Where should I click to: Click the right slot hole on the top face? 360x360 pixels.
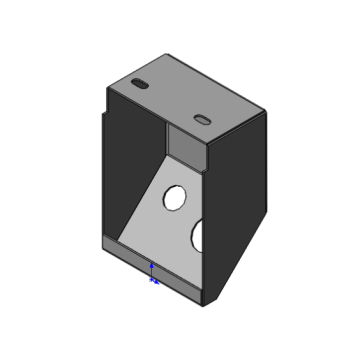[203, 118]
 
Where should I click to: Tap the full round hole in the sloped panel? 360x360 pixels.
[174, 196]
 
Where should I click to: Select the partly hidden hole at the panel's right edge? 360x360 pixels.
[199, 235]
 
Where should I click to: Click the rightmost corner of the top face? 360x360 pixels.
[267, 113]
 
